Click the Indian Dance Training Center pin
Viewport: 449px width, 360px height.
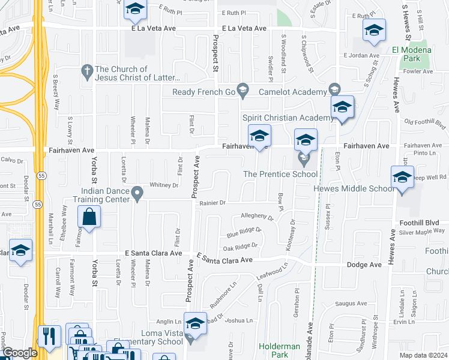click(x=138, y=193)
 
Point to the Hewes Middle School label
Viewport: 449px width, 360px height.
click(x=354, y=188)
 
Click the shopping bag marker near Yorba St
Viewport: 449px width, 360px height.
click(x=89, y=217)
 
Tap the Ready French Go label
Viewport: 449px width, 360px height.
click(x=203, y=92)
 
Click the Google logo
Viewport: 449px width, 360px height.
click(x=20, y=353)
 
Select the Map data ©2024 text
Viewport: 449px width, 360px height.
click(x=423, y=355)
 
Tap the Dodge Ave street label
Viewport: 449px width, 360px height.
click(x=363, y=265)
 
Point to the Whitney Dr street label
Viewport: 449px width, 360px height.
click(x=164, y=185)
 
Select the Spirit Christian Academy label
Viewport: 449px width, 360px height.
click(x=288, y=118)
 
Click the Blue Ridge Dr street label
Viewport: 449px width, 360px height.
click(x=244, y=232)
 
